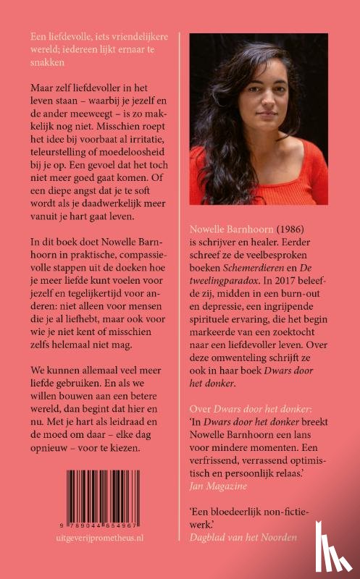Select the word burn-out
click(306, 287)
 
